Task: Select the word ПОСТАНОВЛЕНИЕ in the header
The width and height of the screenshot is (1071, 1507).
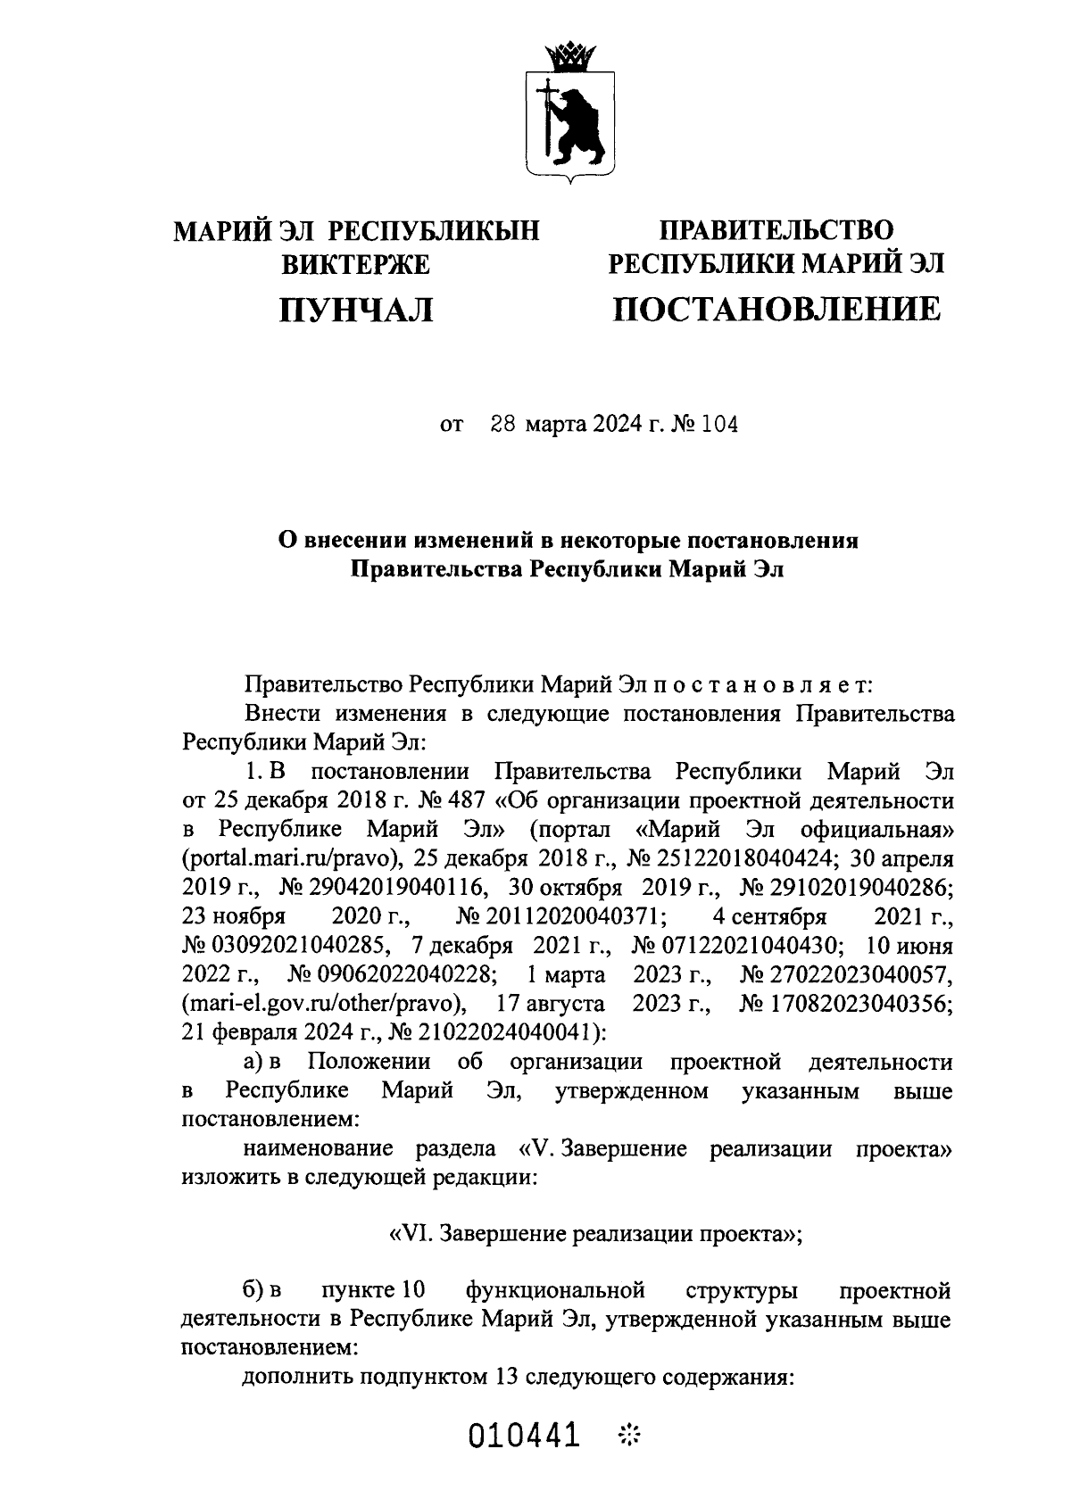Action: pos(775,309)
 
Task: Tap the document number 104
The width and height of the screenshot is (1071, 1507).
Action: pos(720,425)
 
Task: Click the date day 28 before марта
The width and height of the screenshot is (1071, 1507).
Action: pos(504,425)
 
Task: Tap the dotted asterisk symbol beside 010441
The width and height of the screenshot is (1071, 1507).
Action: pos(630,1436)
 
